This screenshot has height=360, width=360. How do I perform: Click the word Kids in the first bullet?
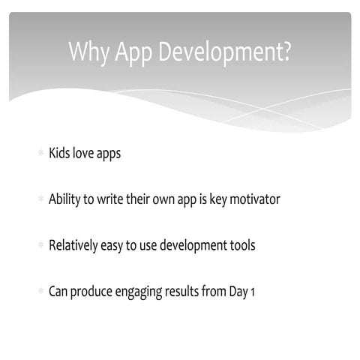(60, 153)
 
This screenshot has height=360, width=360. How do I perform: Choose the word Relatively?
(74, 245)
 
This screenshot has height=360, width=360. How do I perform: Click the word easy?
(118, 246)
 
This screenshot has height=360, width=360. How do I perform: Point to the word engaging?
(138, 292)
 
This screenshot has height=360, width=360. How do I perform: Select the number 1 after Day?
(253, 291)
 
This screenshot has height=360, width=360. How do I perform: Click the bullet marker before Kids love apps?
(40, 154)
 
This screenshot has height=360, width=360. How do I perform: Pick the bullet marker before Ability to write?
(40, 199)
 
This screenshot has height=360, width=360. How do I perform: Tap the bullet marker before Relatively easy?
(40, 245)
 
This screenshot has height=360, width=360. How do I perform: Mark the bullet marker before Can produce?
(40, 291)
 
